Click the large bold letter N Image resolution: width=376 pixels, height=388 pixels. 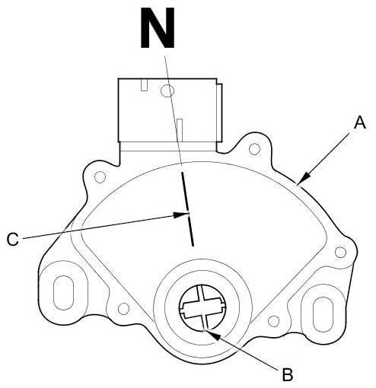click(158, 27)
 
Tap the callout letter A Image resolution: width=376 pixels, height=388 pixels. click(360, 122)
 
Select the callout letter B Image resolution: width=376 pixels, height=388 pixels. click(288, 374)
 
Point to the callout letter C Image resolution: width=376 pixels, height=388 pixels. click(13, 239)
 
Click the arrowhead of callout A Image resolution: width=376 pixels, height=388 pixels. click(304, 178)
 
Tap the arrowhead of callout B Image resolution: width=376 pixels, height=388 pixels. click(212, 335)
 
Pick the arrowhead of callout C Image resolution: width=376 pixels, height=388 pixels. click(181, 215)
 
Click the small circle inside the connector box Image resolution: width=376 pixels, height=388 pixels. click(167, 91)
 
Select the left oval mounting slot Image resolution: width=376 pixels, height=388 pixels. click(63, 292)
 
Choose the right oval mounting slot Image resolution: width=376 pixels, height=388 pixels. click(323, 314)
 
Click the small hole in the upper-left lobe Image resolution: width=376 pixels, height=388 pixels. click(100, 177)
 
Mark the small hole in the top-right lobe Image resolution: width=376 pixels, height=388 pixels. click(254, 149)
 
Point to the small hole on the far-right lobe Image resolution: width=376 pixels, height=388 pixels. click(340, 252)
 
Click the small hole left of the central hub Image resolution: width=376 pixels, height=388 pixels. click(124, 309)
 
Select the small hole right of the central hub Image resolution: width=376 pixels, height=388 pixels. click(273, 321)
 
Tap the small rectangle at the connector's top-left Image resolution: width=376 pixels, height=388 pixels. click(145, 84)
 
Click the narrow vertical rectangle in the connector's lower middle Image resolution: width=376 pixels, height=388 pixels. click(180, 130)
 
